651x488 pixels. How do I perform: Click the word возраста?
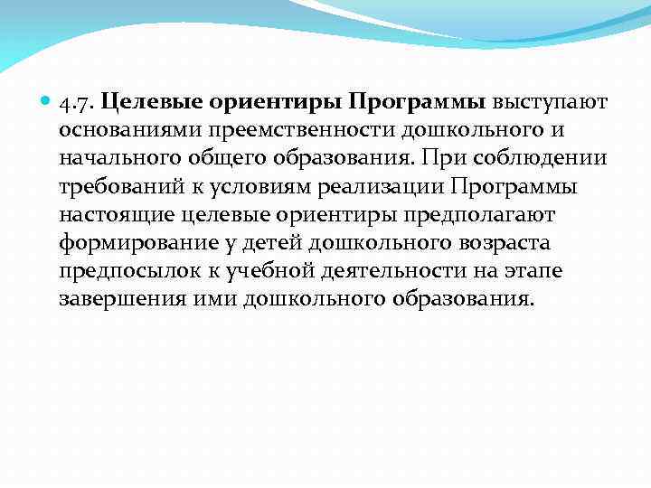tap(501, 242)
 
